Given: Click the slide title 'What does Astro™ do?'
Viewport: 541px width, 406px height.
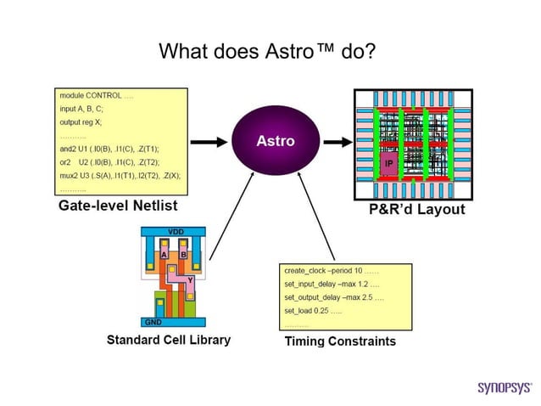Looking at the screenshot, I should (267, 52).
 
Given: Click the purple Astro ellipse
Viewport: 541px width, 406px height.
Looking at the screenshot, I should (276, 141).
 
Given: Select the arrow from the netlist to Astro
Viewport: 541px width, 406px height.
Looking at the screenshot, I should (212, 141).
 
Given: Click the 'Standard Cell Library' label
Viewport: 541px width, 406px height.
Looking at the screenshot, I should (168, 340).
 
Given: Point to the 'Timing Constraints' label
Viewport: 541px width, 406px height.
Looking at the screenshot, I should (339, 341).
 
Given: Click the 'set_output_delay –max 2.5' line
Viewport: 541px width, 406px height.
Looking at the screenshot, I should (333, 298).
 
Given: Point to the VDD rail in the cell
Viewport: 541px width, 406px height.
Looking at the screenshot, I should (176, 232).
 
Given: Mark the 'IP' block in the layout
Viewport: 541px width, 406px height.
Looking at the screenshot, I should (388, 162).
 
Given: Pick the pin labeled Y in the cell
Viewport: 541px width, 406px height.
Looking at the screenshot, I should (191, 279).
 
